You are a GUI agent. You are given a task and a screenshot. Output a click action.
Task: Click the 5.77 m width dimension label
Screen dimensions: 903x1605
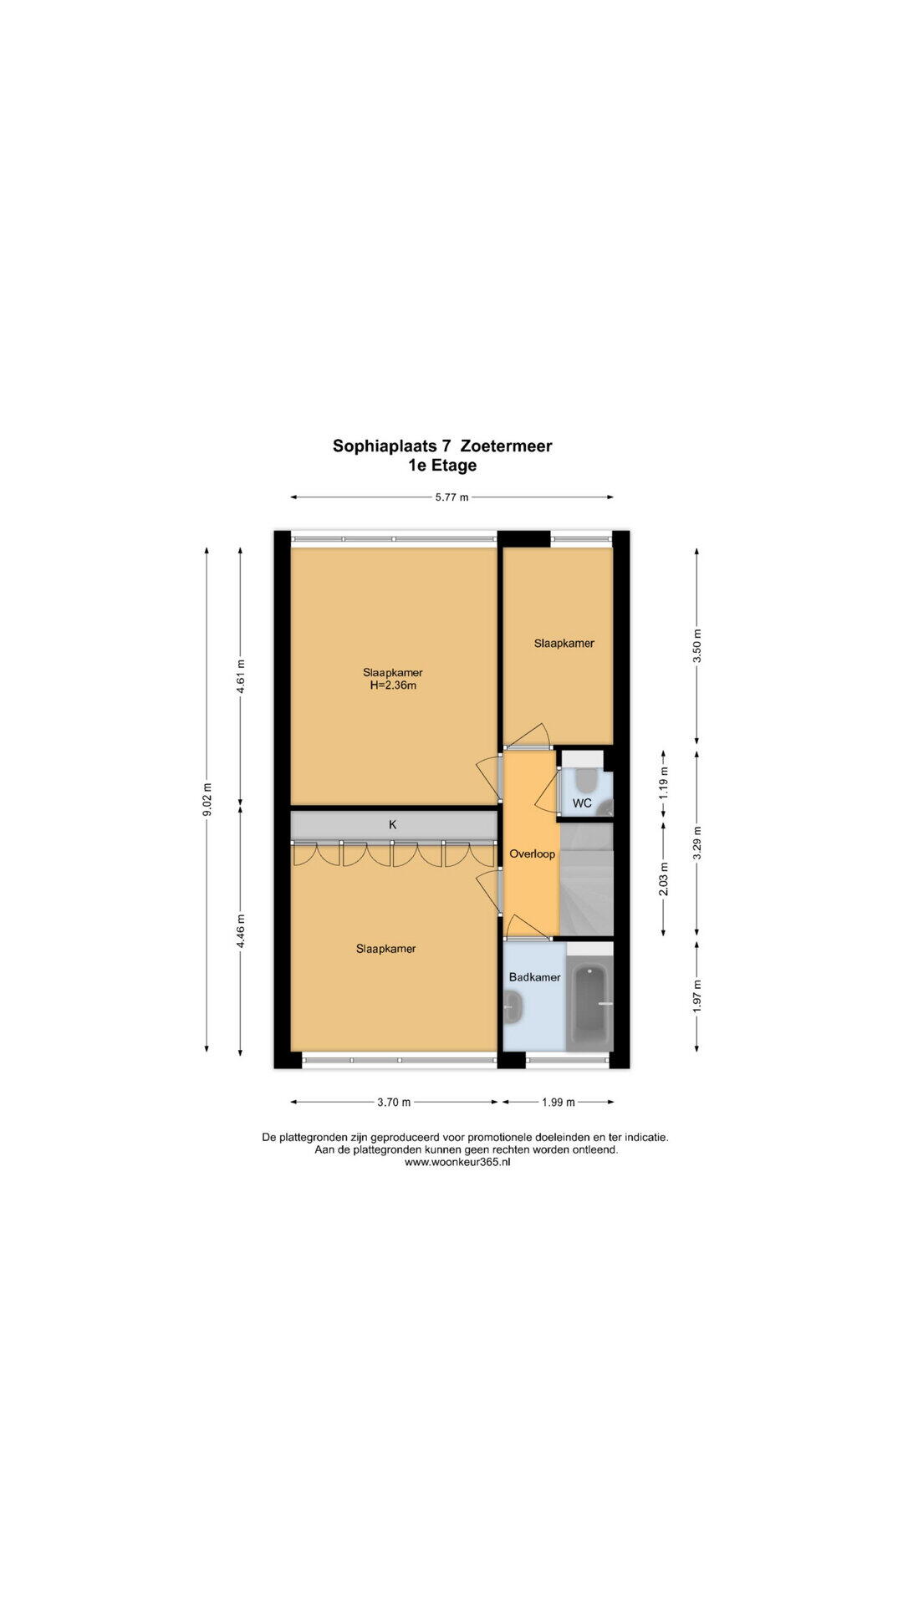(451, 497)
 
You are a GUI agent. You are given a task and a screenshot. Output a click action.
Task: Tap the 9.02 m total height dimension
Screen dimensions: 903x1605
(207, 800)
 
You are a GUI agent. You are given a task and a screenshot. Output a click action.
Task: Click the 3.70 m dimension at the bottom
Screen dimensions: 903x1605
(394, 1102)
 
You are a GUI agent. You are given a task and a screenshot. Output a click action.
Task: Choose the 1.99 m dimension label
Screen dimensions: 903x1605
(559, 1102)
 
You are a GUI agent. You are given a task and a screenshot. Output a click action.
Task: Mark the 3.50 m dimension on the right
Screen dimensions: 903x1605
(697, 645)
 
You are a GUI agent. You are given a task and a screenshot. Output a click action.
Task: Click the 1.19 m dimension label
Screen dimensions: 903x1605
(664, 783)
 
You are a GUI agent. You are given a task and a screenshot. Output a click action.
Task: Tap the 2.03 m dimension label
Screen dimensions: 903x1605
(664, 879)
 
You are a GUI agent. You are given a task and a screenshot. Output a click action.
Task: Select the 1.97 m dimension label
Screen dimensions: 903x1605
(697, 996)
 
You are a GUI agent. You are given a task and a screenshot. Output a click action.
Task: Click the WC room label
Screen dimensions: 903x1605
(582, 803)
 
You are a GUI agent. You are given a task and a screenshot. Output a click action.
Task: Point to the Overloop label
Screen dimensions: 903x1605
(533, 854)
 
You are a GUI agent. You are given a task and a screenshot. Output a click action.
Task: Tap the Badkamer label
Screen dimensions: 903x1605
(535, 976)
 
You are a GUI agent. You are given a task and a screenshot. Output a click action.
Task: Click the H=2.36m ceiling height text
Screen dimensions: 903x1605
(393, 686)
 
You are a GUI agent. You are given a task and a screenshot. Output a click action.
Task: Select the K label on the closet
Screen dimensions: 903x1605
(392, 824)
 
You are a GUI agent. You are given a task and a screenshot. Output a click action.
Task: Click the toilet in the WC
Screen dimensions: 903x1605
(586, 779)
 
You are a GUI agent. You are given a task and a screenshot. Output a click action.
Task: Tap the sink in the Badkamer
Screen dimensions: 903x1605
(514, 1008)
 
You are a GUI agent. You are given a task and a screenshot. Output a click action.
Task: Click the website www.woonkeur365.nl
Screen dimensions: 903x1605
(457, 1161)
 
